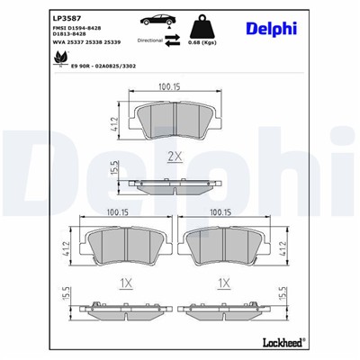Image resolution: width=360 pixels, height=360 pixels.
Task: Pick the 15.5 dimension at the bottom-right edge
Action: click(x=283, y=293)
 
